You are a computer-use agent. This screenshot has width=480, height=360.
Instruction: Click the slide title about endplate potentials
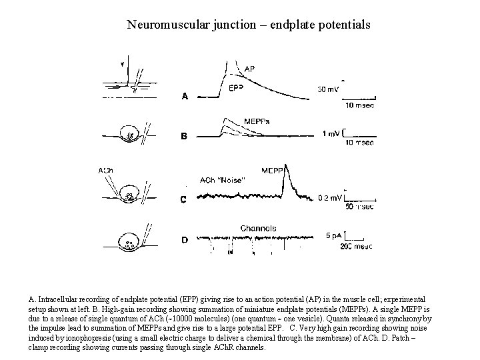tap(249, 25)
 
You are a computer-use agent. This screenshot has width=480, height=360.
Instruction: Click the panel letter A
tap(185, 96)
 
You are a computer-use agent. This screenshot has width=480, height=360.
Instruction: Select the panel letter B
tap(185, 137)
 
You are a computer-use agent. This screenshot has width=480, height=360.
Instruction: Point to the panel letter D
tap(185, 239)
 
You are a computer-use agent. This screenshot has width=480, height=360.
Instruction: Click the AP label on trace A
tap(249, 69)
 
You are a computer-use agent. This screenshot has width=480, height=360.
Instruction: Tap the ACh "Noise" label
tap(223, 179)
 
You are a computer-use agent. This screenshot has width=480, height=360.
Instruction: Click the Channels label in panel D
tap(258, 228)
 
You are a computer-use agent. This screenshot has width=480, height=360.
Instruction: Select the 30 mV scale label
tap(327, 88)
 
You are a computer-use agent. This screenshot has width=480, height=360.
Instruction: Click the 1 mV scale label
tap(330, 134)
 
